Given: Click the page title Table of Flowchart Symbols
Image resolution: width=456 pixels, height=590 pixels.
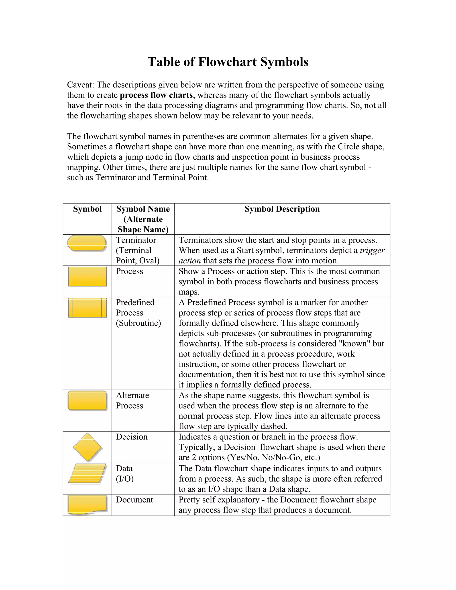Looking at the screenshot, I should [228, 62].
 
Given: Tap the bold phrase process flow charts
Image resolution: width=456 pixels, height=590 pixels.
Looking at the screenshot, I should [156, 95].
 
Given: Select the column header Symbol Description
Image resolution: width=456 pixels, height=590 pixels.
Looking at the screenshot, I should [282, 209].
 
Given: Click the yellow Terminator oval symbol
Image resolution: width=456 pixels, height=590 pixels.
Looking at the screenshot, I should [87, 243].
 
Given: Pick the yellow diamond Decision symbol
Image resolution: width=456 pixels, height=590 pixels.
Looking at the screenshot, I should [87, 447].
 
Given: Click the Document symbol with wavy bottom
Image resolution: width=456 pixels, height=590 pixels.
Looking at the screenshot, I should [87, 504].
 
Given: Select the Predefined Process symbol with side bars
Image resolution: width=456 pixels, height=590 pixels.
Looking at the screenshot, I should [87, 308].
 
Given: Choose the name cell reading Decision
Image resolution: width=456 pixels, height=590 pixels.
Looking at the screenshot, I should [132, 437].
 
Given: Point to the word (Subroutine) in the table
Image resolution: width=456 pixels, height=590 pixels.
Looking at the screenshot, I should [138, 323].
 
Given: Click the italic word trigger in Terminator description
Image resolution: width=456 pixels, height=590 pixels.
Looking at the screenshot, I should [372, 250].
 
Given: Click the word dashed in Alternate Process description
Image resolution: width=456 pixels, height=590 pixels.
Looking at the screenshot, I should [274, 426].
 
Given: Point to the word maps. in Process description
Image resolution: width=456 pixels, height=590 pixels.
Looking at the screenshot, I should [189, 292].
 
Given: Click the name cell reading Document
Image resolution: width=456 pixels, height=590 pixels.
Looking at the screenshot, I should [134, 500].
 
